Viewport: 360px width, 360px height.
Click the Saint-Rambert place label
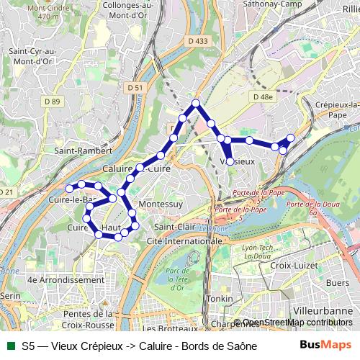(84, 152)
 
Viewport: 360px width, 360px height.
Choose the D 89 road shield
(52, 102)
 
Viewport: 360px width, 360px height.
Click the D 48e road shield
(262, 96)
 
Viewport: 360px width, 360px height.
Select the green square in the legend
(9, 346)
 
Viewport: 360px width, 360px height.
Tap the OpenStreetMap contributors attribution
(297, 322)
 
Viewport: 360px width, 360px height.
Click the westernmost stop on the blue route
(70, 189)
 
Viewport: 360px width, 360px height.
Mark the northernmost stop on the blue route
(195, 104)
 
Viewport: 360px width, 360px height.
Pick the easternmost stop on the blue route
(291, 138)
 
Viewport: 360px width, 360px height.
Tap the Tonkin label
(218, 298)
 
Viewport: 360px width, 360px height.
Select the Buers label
(338, 282)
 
